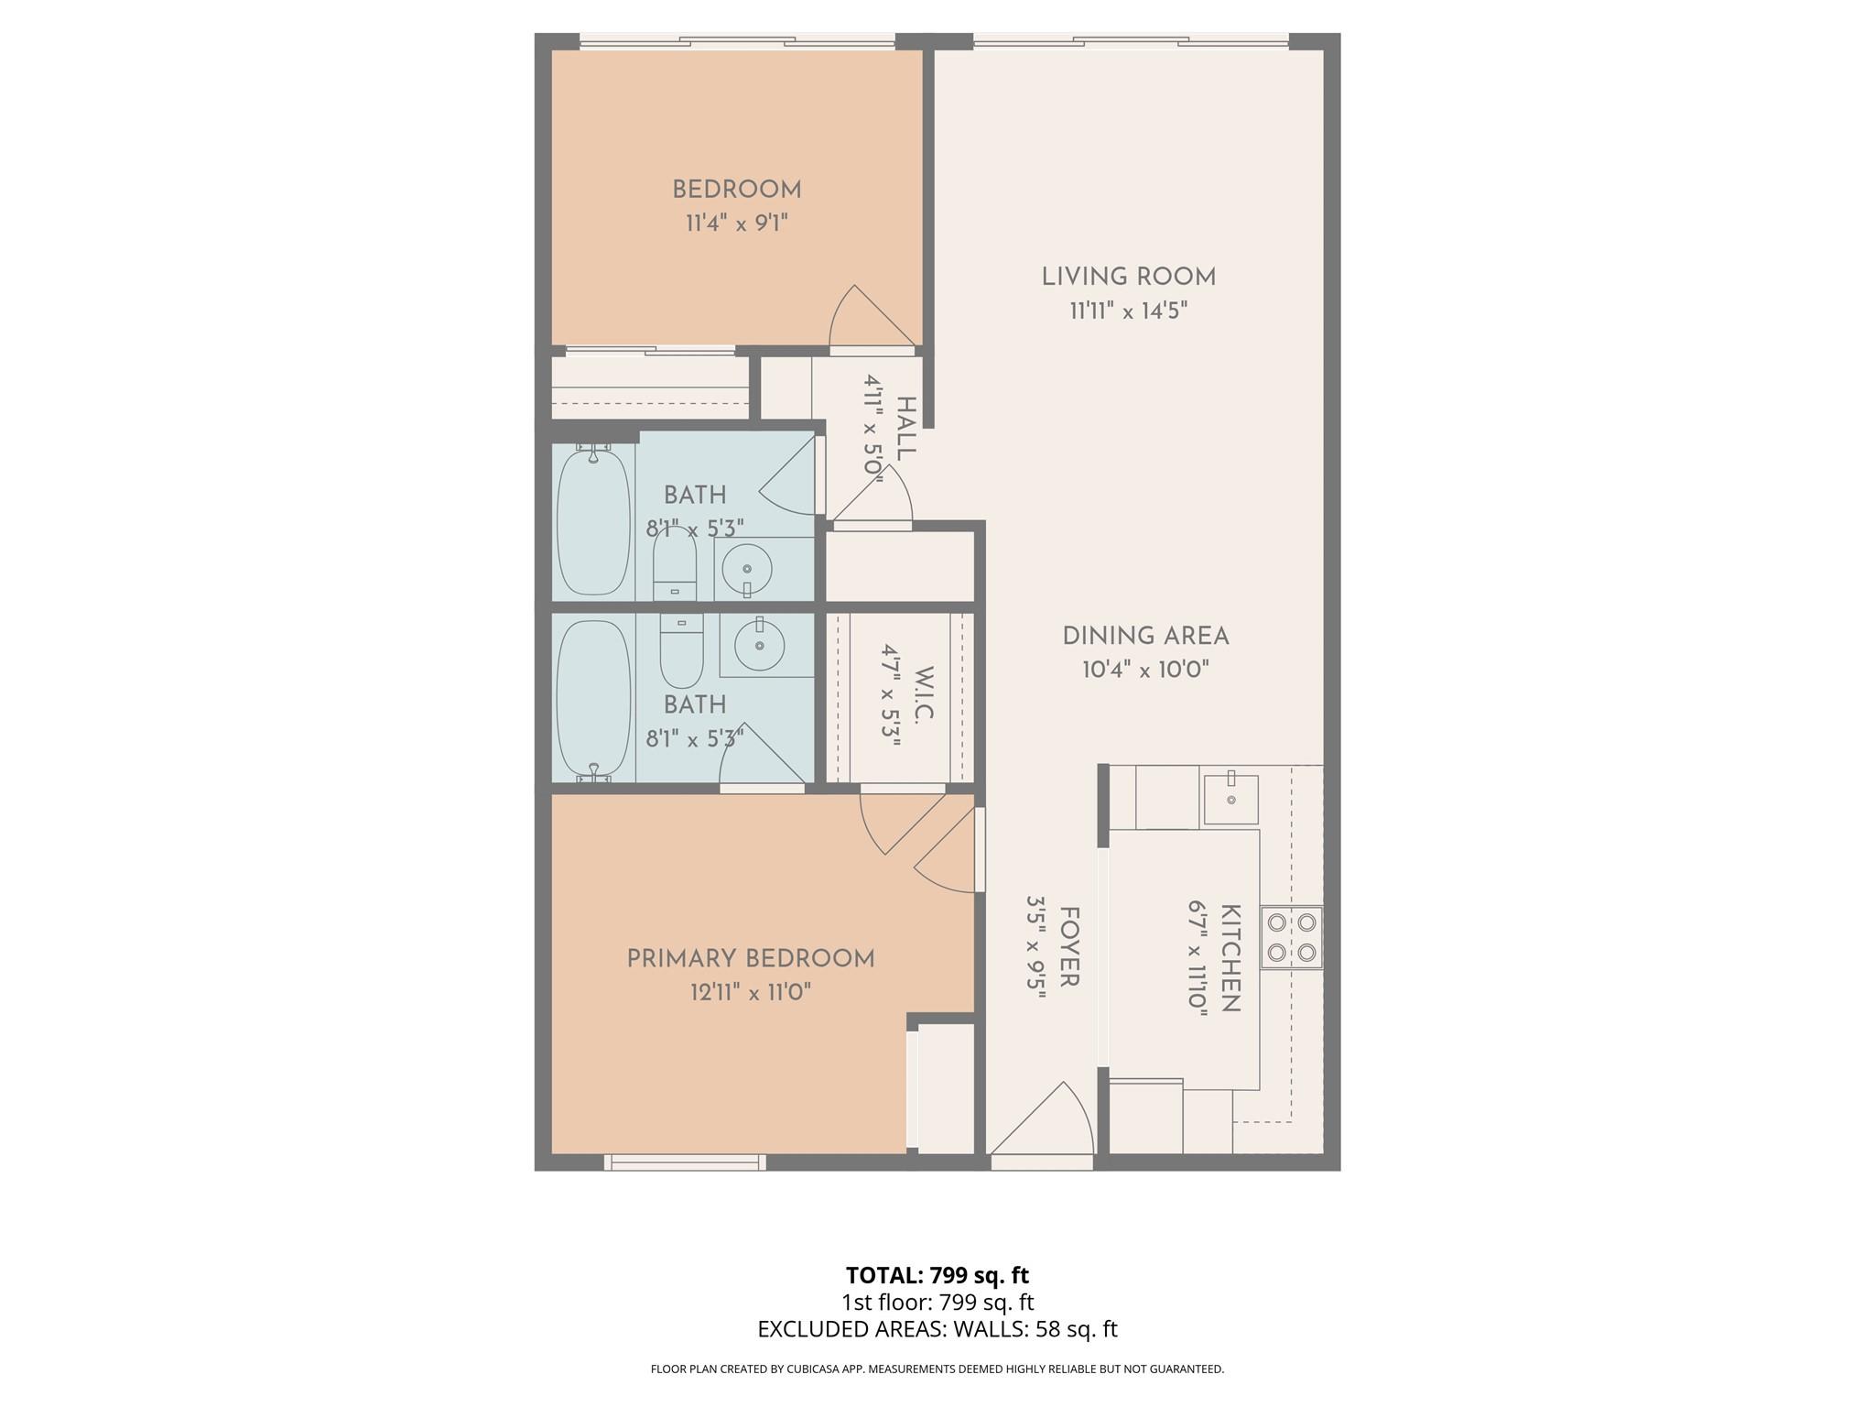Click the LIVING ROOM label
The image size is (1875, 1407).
coord(1128,277)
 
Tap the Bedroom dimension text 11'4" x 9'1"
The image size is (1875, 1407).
coord(737,224)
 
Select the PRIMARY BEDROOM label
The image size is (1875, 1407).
coord(751,958)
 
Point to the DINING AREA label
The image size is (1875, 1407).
coord(1145,636)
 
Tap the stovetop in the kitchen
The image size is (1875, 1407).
coord(1292,937)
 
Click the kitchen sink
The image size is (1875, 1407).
coord(1230,800)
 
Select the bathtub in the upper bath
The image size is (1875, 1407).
coord(593,519)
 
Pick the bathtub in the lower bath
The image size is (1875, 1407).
coord(593,700)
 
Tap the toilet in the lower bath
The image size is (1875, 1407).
coord(681,650)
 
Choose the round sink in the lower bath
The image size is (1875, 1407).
coord(759,644)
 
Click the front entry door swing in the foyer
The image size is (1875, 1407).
coord(1044,1122)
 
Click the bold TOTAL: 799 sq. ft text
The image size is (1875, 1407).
coord(937,1275)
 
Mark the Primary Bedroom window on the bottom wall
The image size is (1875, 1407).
coord(685,1162)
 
